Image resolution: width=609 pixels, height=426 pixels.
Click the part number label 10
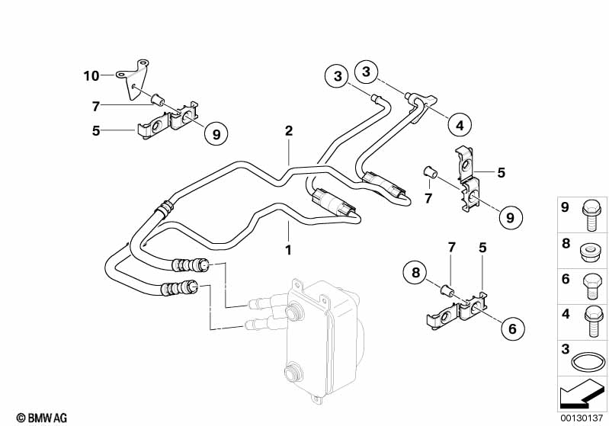pyautogui.click(x=91, y=75)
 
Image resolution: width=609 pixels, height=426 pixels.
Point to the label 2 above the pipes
pyautogui.click(x=289, y=131)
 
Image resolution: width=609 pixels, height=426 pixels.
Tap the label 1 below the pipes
pyautogui.click(x=288, y=250)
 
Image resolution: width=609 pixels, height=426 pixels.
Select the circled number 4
pyautogui.click(x=460, y=126)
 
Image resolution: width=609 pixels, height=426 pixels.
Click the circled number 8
pyautogui.click(x=415, y=272)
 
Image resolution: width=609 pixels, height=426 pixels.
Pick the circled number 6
pyautogui.click(x=513, y=328)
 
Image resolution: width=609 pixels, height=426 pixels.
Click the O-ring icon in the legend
pyautogui.click(x=588, y=363)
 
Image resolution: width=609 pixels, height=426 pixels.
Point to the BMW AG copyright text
pyautogui.click(x=42, y=418)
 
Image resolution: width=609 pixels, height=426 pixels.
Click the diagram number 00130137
pyautogui.click(x=582, y=418)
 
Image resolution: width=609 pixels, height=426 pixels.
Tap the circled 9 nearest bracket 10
pyautogui.click(x=216, y=133)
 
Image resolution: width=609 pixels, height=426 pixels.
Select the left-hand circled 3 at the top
pyautogui.click(x=338, y=75)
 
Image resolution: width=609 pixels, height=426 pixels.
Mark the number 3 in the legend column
pyautogui.click(x=566, y=349)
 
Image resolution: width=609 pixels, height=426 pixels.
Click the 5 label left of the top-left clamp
pyautogui.click(x=96, y=130)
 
